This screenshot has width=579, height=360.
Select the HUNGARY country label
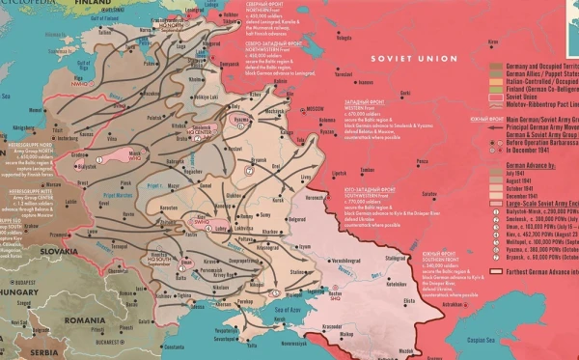(16, 291)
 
